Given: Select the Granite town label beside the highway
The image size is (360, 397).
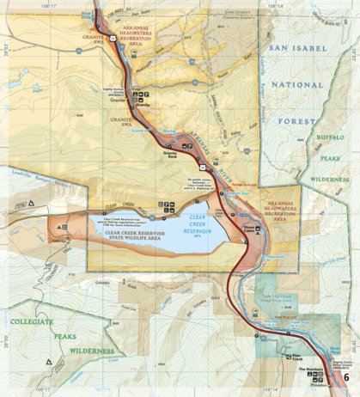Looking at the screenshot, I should [118, 99].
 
